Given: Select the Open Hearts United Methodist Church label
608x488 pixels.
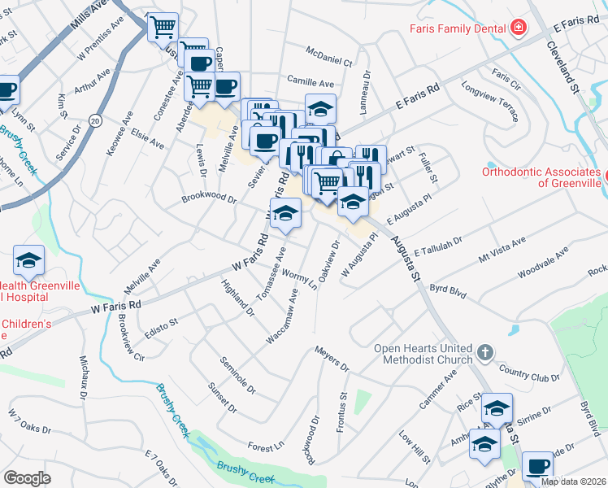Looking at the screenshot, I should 422,354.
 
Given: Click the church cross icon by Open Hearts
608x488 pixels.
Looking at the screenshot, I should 485,353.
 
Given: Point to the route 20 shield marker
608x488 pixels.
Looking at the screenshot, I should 95,120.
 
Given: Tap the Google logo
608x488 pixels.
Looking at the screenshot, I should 27,478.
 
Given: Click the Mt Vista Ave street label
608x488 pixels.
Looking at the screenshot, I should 502,243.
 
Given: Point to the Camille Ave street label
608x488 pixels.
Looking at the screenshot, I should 311,83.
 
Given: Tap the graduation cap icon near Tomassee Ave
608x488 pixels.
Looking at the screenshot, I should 284,214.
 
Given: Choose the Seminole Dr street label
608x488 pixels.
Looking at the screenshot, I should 237,373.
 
